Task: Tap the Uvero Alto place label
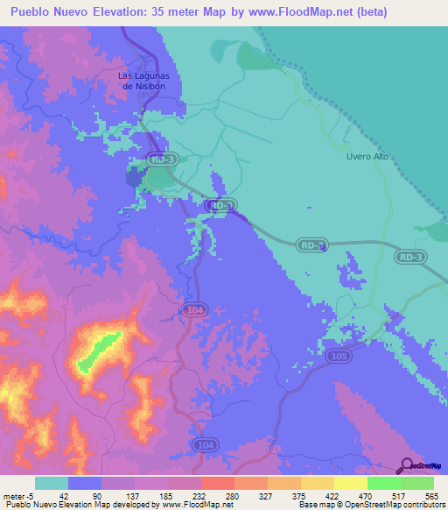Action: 367,157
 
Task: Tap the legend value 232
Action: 185,495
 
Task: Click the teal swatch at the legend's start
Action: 52,483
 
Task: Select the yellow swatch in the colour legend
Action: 351,483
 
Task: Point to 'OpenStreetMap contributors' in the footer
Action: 393,506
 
